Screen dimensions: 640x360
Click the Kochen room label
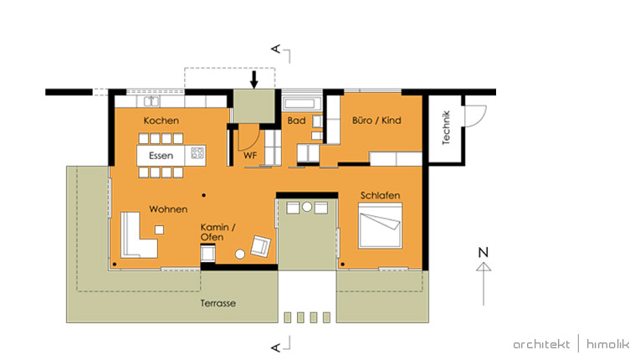(x=161, y=121)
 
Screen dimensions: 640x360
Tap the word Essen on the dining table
(x=161, y=156)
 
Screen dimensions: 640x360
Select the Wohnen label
(x=168, y=209)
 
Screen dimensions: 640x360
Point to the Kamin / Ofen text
(x=218, y=232)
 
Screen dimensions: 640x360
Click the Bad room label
(x=296, y=121)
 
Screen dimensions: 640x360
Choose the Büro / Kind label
(x=376, y=120)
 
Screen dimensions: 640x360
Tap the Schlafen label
(x=380, y=195)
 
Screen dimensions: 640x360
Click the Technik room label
(x=446, y=127)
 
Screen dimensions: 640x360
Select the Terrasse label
(x=218, y=303)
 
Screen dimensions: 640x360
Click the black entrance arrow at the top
(x=254, y=80)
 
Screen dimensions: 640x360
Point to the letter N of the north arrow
(x=484, y=252)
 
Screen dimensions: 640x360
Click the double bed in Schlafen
(x=380, y=225)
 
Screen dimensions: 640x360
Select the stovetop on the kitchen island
(x=197, y=153)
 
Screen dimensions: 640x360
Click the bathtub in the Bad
(x=299, y=104)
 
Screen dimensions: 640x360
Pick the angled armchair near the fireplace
(x=260, y=246)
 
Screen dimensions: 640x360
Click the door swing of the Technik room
(x=475, y=116)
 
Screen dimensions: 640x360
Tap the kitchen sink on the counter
(x=151, y=101)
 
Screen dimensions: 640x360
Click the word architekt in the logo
(x=541, y=344)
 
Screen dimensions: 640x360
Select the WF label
(x=250, y=156)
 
